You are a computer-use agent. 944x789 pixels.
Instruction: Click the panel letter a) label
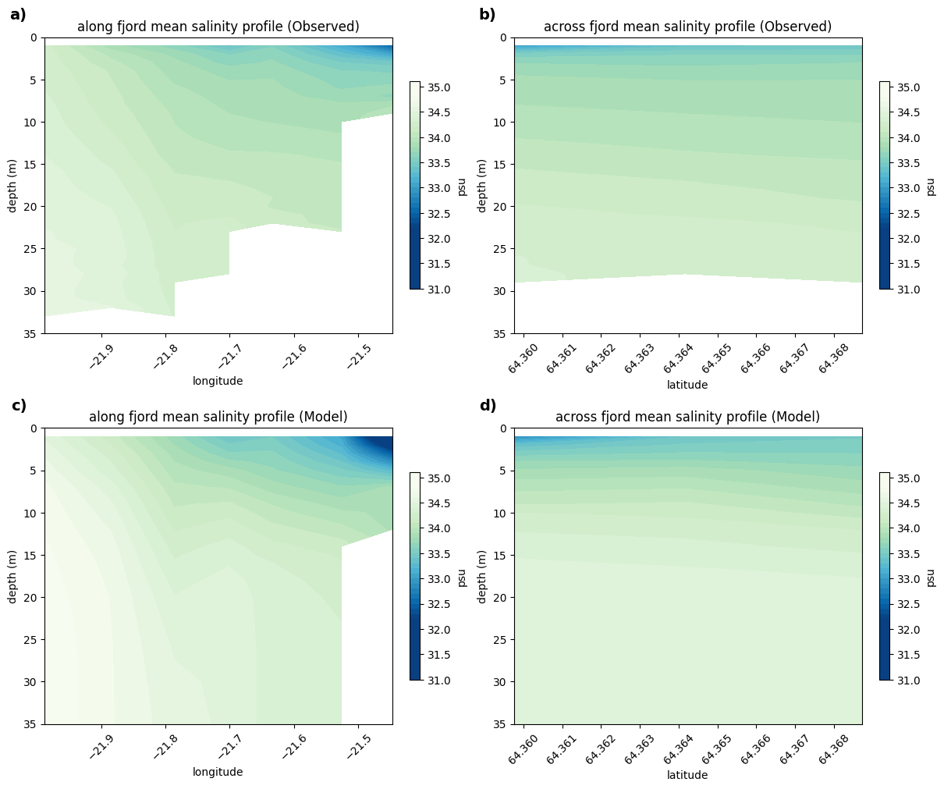pos(18,15)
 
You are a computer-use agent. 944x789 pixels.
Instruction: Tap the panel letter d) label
pos(488,405)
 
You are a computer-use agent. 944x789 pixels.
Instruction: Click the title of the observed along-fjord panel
pos(218,27)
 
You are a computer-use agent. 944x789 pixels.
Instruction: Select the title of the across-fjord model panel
pos(687,416)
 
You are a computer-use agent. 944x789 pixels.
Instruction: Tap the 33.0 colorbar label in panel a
pos(439,188)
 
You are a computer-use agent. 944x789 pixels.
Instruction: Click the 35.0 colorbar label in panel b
pos(909,87)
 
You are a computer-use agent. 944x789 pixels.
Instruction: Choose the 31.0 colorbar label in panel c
pos(439,680)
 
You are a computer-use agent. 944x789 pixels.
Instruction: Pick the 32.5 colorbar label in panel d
pos(909,604)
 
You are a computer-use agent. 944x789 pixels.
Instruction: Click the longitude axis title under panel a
pos(218,381)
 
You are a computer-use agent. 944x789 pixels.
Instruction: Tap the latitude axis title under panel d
pos(687,775)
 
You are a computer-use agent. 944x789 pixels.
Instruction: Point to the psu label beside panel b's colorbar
pos(931,187)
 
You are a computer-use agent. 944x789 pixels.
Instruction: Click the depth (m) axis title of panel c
pos(12,577)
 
